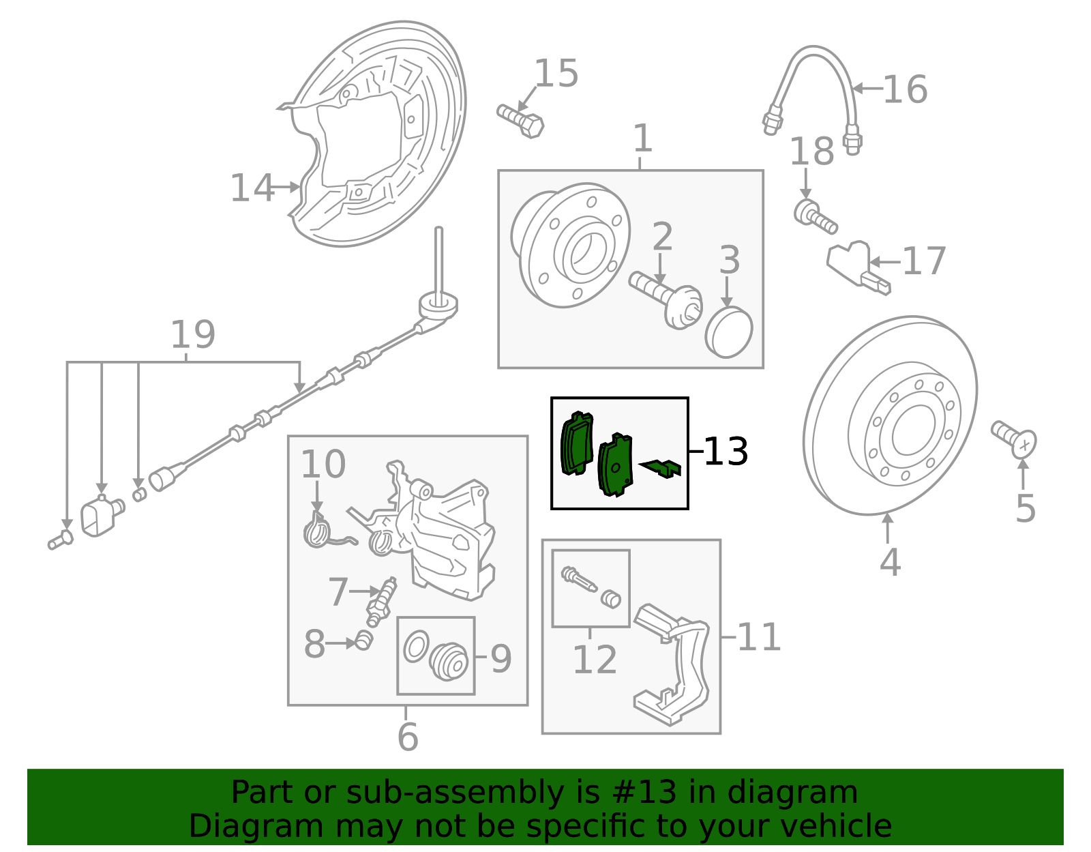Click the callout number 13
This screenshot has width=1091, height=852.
click(x=726, y=452)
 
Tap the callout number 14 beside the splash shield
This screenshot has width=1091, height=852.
click(x=252, y=188)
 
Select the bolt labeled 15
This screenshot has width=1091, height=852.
click(x=520, y=121)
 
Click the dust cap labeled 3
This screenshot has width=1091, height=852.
click(x=729, y=332)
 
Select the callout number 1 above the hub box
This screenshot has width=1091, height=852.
click(x=642, y=138)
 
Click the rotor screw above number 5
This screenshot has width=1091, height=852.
click(x=1014, y=437)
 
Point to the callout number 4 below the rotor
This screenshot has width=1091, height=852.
click(x=890, y=562)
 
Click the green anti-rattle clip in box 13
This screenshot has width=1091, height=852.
click(x=661, y=468)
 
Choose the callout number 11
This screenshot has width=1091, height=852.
click(x=758, y=637)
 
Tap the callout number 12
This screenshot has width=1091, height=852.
click(x=595, y=660)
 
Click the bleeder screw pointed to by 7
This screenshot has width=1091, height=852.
click(x=383, y=599)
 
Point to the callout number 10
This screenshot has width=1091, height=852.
click(x=323, y=465)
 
